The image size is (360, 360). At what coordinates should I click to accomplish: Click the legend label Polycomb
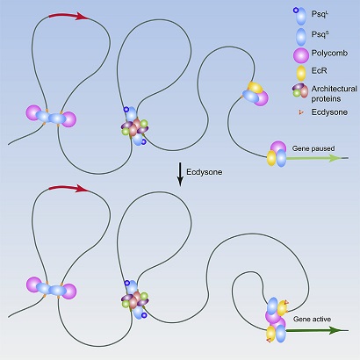(329, 54)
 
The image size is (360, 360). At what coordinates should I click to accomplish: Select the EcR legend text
(320, 70)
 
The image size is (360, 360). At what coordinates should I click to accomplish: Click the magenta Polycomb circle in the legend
(301, 55)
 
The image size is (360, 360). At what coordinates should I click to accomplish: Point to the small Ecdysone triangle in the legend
(299, 112)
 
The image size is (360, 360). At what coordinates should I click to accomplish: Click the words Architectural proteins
(334, 93)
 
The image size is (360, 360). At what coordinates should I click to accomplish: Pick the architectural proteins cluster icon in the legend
(300, 90)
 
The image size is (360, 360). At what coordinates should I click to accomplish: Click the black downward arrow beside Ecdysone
(180, 174)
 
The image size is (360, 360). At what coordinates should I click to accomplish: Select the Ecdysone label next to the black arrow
(205, 172)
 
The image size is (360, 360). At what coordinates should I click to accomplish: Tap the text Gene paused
(313, 148)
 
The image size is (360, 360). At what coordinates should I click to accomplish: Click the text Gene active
(312, 319)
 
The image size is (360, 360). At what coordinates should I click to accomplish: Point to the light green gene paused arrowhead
(335, 158)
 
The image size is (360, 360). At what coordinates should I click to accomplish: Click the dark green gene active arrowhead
(335, 330)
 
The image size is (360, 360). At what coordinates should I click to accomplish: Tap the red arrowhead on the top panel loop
(83, 16)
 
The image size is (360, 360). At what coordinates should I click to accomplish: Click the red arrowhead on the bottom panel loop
(83, 189)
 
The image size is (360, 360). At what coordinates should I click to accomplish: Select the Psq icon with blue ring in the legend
(299, 16)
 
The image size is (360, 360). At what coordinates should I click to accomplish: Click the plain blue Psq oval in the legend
(301, 36)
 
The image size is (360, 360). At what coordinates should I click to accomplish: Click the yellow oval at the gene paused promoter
(271, 158)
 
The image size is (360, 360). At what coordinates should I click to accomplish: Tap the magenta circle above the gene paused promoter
(278, 148)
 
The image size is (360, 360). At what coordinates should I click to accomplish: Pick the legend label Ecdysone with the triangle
(329, 112)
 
